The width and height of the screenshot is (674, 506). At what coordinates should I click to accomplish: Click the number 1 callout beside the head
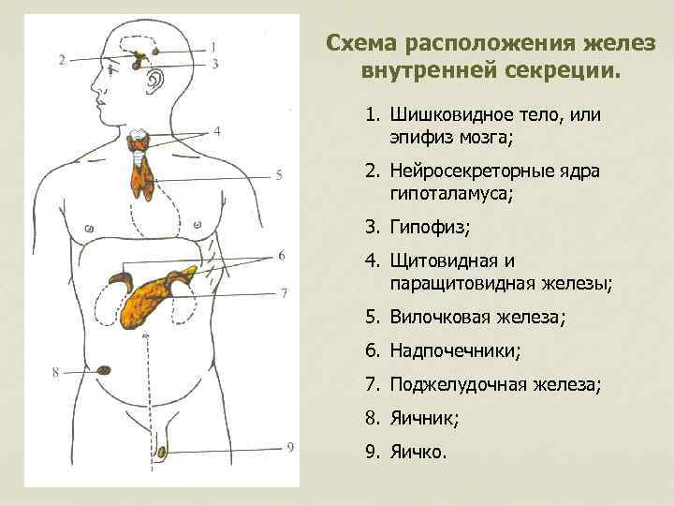click(214, 46)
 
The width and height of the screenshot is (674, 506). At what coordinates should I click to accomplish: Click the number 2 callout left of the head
click(62, 60)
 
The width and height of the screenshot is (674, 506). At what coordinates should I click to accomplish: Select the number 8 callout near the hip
click(56, 373)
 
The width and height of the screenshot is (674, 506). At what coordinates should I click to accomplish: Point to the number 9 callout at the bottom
click(290, 447)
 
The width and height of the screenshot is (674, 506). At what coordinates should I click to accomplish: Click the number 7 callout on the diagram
click(284, 292)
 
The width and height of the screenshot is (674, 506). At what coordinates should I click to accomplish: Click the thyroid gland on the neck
click(141, 142)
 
